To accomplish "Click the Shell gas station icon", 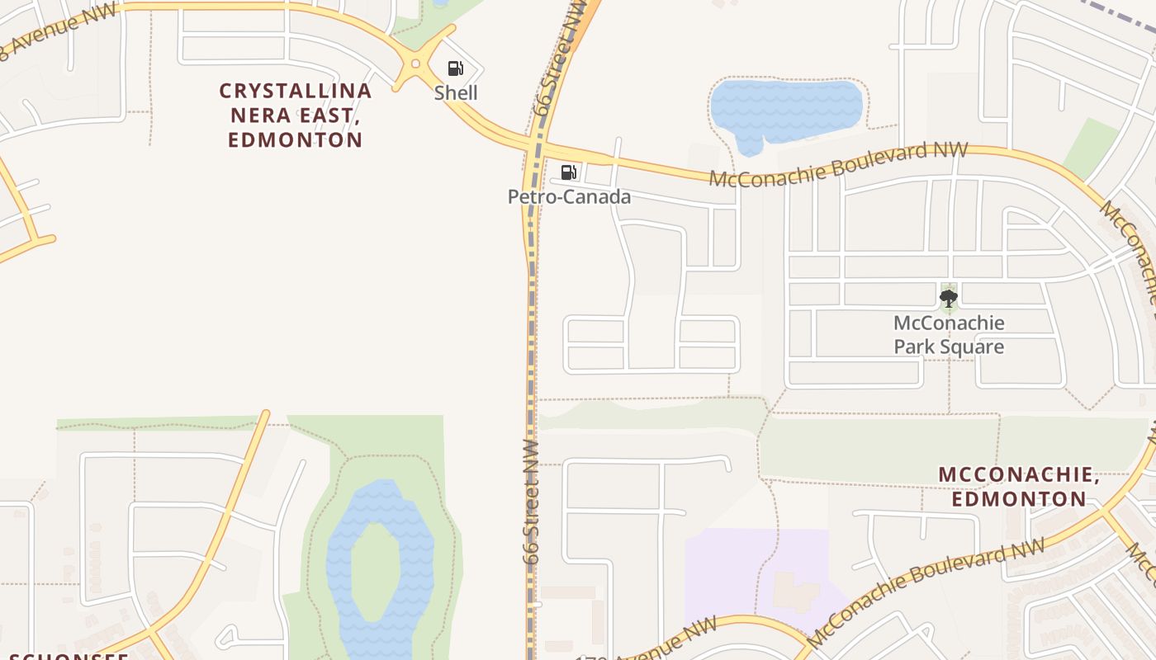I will click(x=455, y=68).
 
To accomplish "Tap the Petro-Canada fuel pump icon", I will click(x=568, y=172).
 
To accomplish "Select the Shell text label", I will click(x=456, y=92).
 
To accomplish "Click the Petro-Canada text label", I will click(x=569, y=196).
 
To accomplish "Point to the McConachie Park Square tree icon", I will click(x=949, y=298).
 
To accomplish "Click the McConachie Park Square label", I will click(x=949, y=334).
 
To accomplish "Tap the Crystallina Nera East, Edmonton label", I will click(x=296, y=115).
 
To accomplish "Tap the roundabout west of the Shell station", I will click(x=415, y=64).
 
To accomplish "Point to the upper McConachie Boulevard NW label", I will click(x=838, y=164).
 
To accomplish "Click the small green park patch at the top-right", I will click(x=1092, y=148).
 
